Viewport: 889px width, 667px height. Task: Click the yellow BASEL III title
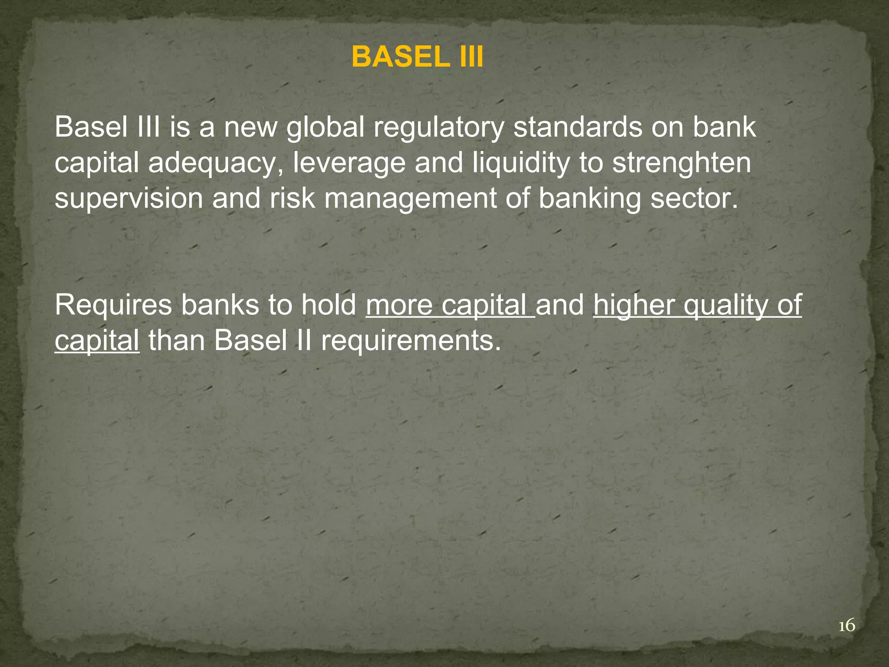pyautogui.click(x=417, y=57)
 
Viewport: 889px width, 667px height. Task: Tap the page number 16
pyautogui.click(x=846, y=626)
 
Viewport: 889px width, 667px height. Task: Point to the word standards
pyautogui.click(x=577, y=128)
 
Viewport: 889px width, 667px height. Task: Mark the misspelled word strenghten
pyautogui.click(x=682, y=163)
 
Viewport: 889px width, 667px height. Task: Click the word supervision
pyautogui.click(x=129, y=198)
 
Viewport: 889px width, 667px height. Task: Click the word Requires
pyautogui.click(x=114, y=305)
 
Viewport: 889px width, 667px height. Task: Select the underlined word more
pyautogui.click(x=399, y=305)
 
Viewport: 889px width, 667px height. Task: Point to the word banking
pyautogui.click(x=589, y=198)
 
